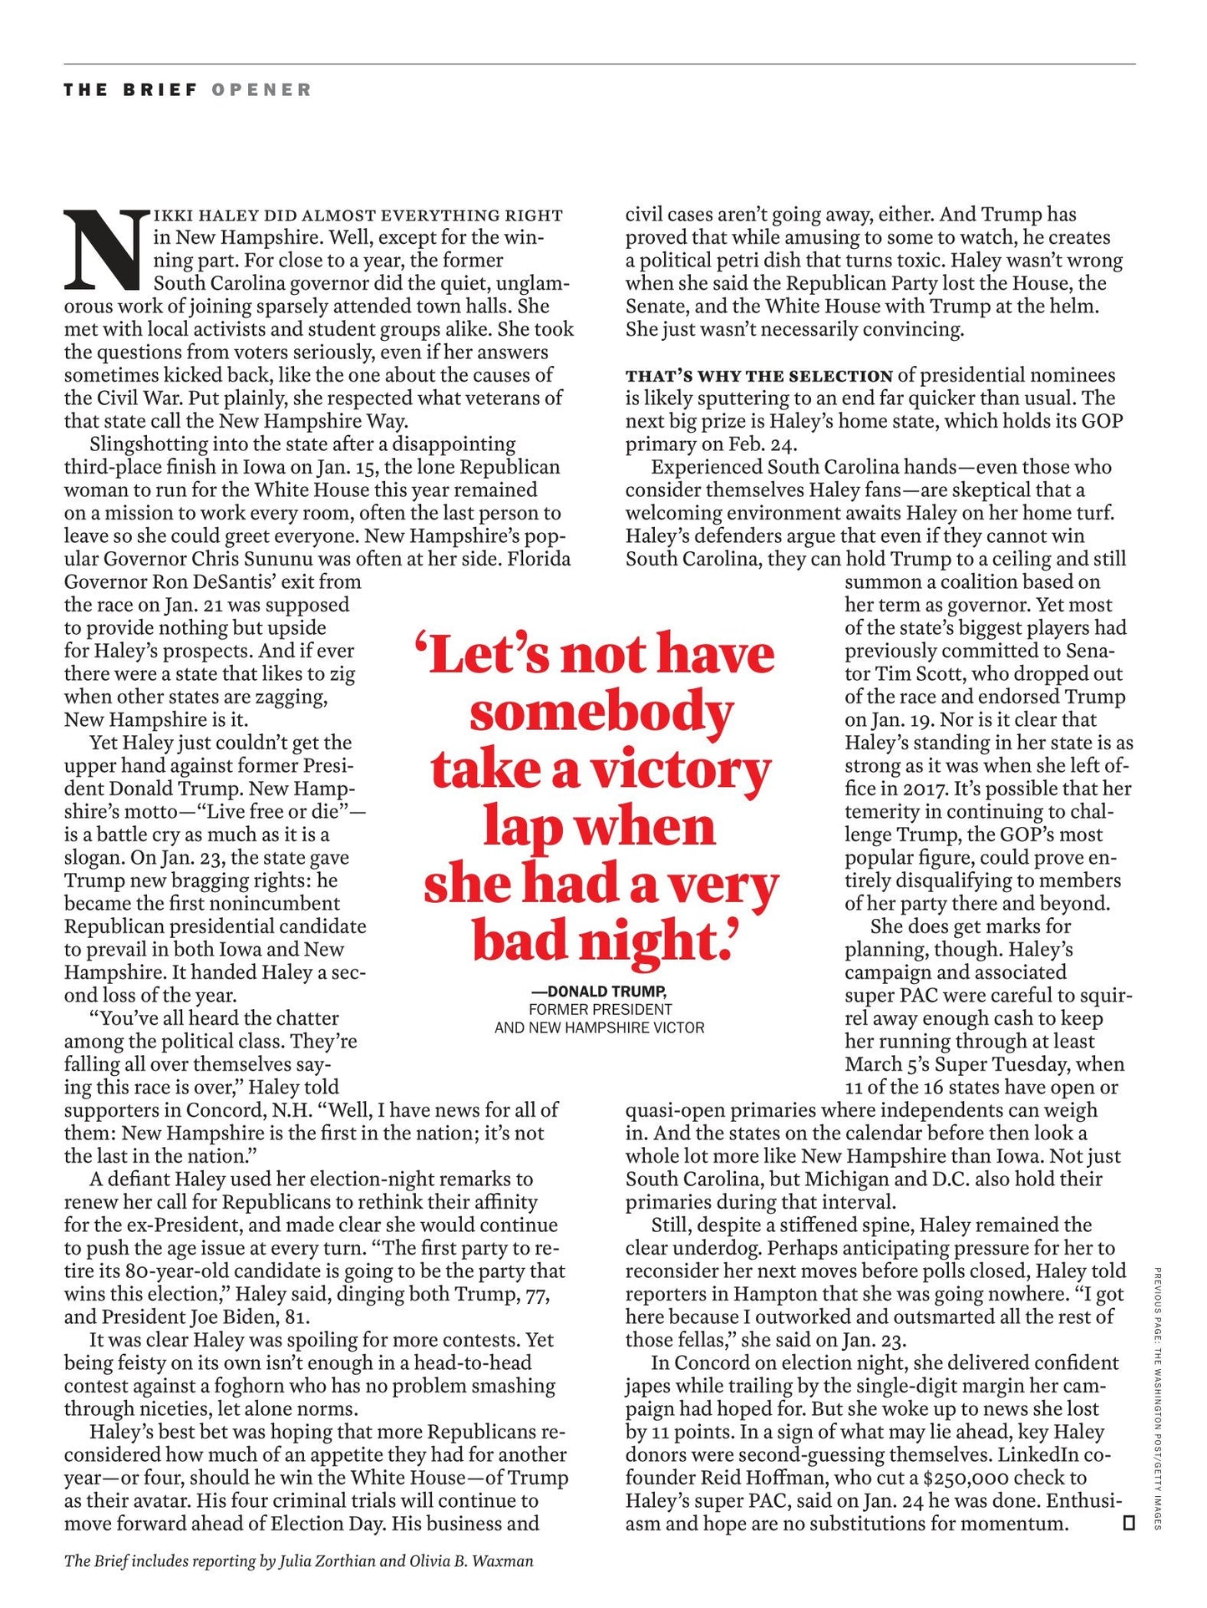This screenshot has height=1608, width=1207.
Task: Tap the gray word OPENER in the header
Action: (261, 89)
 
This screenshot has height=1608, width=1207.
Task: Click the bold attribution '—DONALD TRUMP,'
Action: (600, 992)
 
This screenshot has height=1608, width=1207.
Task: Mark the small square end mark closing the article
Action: (1129, 1523)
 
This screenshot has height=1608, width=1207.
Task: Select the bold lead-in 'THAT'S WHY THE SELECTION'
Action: (759, 376)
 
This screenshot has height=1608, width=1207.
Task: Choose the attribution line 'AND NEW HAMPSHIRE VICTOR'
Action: (600, 1027)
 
